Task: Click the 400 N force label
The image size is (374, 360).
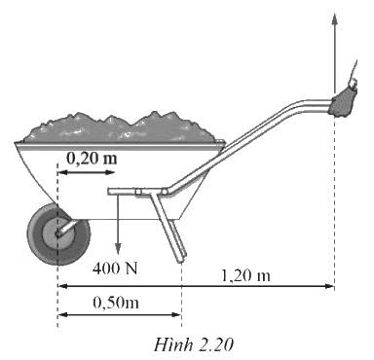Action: pyautogui.click(x=115, y=269)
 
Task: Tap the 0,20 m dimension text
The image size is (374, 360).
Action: pyautogui.click(x=92, y=159)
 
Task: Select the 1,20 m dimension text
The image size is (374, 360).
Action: pyautogui.click(x=245, y=276)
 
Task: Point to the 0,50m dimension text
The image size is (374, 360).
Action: pyautogui.click(x=116, y=303)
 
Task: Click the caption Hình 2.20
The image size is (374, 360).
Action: pyautogui.click(x=194, y=344)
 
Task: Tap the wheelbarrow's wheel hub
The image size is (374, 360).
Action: pyautogui.click(x=58, y=234)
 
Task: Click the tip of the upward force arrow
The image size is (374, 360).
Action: pyautogui.click(x=335, y=14)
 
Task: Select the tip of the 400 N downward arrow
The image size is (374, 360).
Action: pyautogui.click(x=118, y=253)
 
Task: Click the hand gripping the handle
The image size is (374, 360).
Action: pyautogui.click(x=344, y=100)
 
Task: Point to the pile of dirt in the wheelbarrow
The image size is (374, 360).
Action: pyautogui.click(x=120, y=128)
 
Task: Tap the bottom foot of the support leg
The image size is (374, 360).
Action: pyautogui.click(x=181, y=260)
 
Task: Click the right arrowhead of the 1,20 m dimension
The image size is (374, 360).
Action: pyautogui.click(x=332, y=286)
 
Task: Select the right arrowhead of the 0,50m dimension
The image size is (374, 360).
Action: pyautogui.click(x=178, y=314)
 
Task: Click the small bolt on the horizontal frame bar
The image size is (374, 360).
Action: pyautogui.click(x=138, y=192)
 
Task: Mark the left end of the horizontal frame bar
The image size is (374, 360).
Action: pyautogui.click(x=109, y=192)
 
